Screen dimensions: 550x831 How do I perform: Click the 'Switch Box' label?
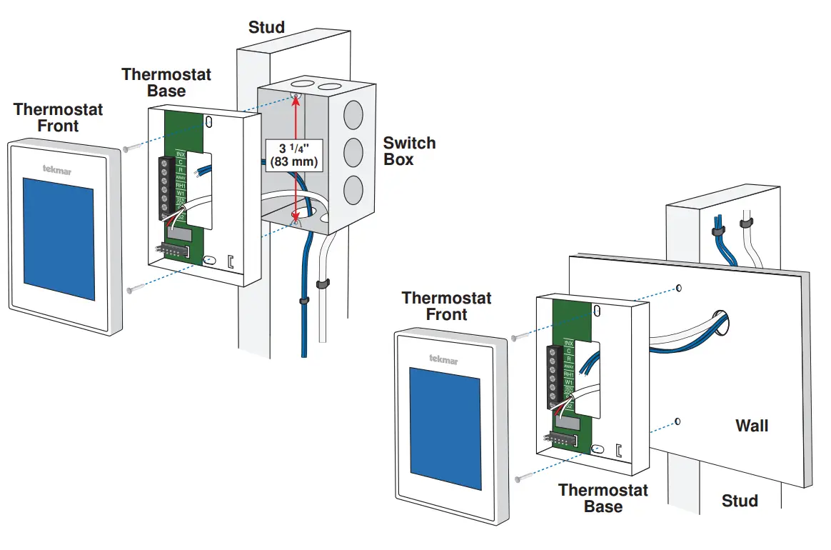click(x=409, y=151)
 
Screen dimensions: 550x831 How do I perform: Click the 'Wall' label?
click(x=752, y=426)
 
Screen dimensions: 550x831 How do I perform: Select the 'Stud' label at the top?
click(x=266, y=28)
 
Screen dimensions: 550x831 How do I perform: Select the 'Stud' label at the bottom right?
click(x=739, y=501)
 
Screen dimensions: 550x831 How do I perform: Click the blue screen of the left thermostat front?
click(x=59, y=239)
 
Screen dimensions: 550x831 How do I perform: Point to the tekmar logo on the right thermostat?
click(x=444, y=359)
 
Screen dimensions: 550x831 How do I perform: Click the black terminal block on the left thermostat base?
click(x=163, y=187)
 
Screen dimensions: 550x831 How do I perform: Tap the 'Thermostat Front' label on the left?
click(x=59, y=118)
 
